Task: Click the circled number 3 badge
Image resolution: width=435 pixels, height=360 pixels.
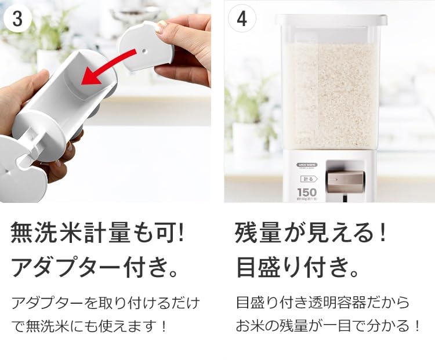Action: click(x=17, y=19)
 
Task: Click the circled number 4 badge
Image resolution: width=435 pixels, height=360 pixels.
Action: click(x=242, y=19)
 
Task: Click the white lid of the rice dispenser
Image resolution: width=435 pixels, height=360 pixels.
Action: click(x=331, y=20)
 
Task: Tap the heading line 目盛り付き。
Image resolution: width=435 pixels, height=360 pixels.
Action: click(x=298, y=267)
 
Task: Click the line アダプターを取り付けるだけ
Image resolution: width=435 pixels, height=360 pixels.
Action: click(x=105, y=303)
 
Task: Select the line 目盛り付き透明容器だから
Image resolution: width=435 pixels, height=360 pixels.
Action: click(x=322, y=303)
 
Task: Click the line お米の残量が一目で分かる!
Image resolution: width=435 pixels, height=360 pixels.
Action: click(x=328, y=326)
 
